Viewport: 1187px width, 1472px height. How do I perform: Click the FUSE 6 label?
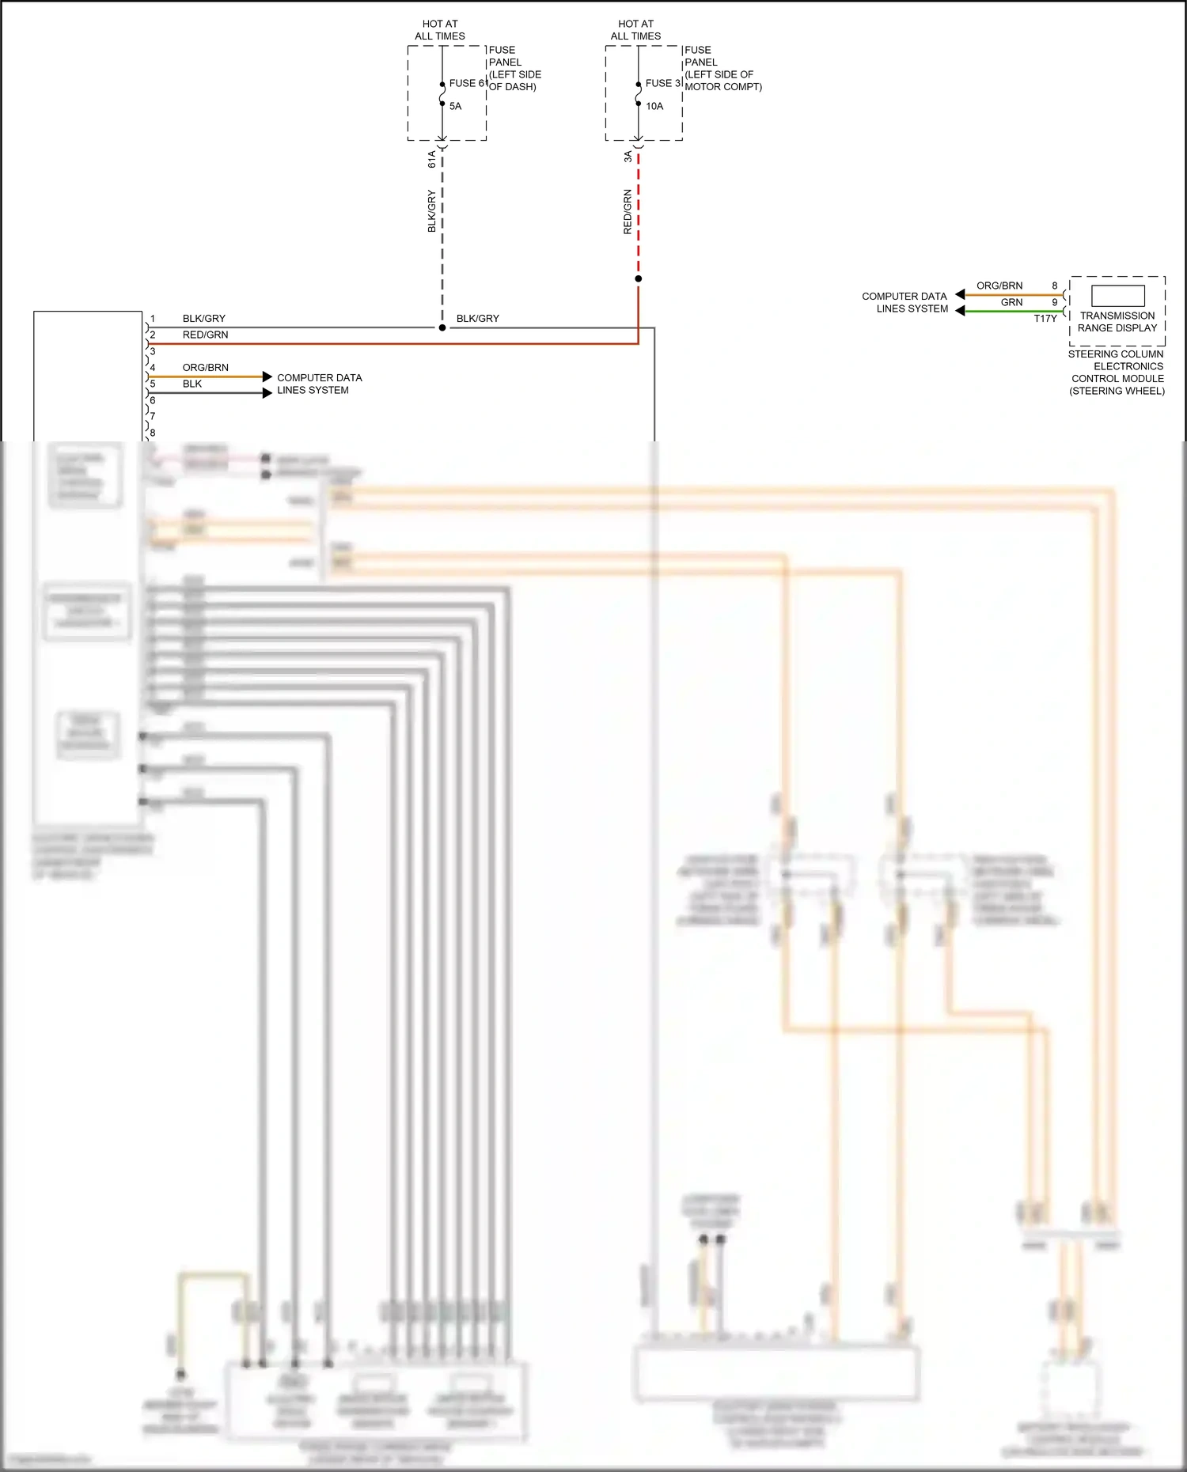[466, 83]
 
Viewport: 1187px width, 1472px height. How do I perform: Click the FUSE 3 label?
[662, 83]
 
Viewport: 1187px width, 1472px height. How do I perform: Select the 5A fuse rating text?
[456, 106]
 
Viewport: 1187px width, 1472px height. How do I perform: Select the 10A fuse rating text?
[654, 106]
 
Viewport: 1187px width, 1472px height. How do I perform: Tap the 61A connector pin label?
[432, 159]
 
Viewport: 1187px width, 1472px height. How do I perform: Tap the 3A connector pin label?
[628, 157]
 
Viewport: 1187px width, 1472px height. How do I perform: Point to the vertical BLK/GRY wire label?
[432, 210]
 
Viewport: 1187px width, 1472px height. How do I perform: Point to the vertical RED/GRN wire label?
[628, 211]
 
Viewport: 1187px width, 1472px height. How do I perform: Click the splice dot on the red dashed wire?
[639, 278]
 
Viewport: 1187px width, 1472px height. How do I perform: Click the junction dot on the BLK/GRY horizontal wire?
[442, 327]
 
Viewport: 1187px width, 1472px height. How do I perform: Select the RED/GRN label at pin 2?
[206, 335]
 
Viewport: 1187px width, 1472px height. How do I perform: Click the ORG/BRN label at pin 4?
[206, 368]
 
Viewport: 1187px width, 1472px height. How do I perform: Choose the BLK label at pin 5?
[192, 384]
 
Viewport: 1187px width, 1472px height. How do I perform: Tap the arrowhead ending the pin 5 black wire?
[267, 392]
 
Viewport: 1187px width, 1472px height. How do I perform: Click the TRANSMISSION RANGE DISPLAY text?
[1117, 321]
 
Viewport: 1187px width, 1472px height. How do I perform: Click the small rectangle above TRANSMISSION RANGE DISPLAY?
[1117, 295]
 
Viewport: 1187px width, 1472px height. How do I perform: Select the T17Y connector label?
[1045, 319]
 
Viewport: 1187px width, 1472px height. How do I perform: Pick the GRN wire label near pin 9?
[1011, 302]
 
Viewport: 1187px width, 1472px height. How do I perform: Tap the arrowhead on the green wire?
[960, 311]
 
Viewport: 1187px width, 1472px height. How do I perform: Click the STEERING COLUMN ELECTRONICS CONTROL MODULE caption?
[1117, 373]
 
